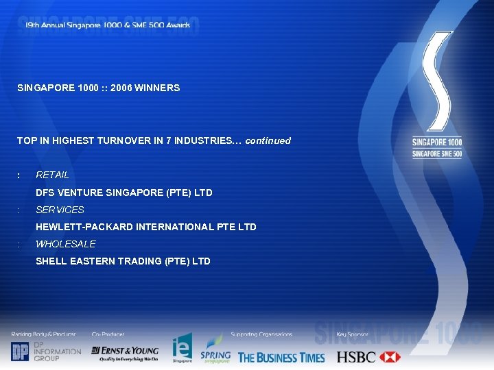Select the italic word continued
click(268, 140)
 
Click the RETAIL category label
click(52, 175)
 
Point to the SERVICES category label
click(60, 210)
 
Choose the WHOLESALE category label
click(66, 244)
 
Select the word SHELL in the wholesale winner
click(50, 261)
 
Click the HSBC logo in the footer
click(368, 356)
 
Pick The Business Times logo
click(281, 356)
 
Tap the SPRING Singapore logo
click(215, 349)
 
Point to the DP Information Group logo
click(46, 351)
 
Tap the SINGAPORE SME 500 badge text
click(437, 153)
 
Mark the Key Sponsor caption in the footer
click(352, 334)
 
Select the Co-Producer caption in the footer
click(108, 334)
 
